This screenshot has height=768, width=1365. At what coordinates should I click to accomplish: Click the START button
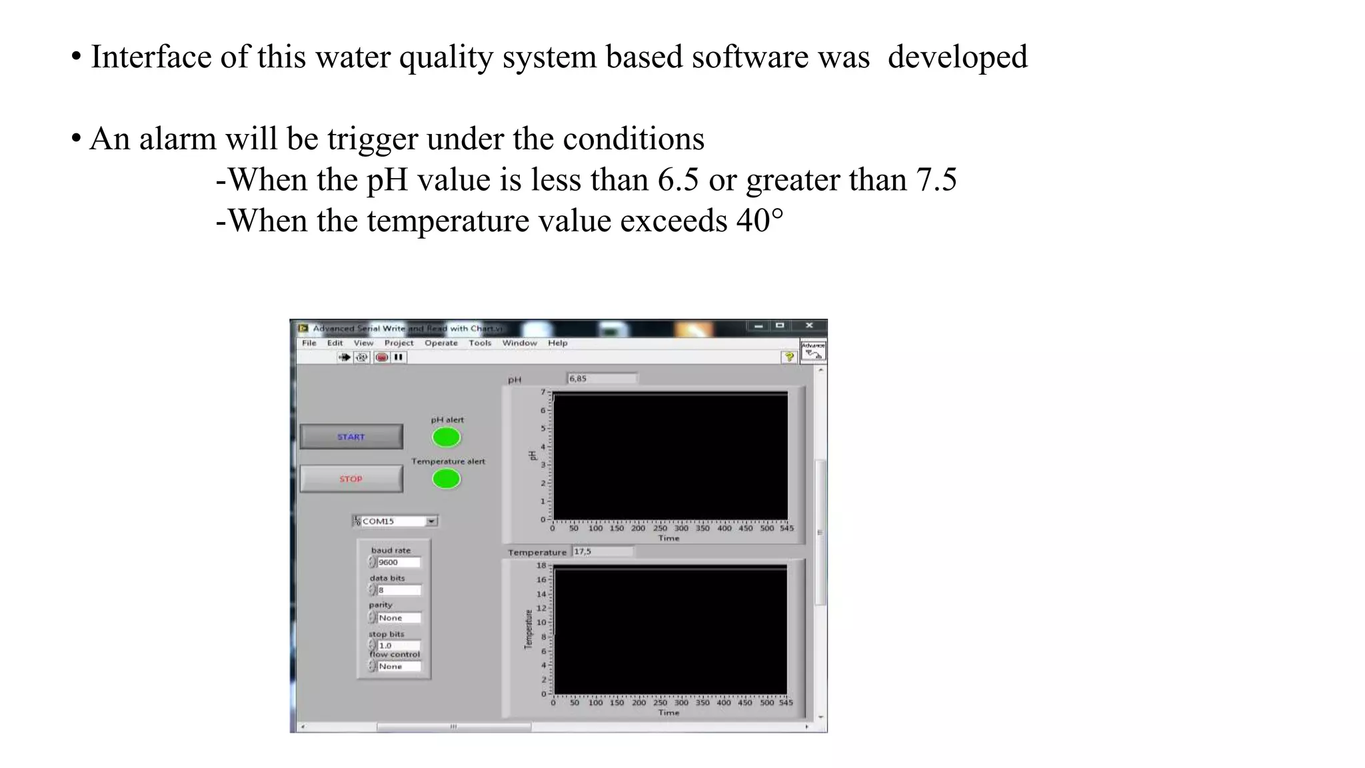pos(351,437)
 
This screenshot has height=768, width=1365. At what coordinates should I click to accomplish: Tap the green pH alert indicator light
pos(446,437)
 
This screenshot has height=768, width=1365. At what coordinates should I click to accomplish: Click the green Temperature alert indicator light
pos(446,479)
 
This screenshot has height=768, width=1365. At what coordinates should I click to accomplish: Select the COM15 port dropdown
pos(395,521)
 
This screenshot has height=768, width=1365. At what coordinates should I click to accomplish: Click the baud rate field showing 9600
pos(398,563)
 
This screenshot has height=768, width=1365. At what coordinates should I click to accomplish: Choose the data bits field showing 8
pos(398,590)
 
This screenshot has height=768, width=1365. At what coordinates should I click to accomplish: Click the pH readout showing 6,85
pos(601,379)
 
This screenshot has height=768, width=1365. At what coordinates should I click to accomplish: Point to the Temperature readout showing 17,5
pos(602,552)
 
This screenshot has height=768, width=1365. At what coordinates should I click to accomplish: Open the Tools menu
pos(480,343)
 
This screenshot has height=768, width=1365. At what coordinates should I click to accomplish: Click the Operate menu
pos(441,343)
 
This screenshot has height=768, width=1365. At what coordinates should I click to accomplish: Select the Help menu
pos(558,343)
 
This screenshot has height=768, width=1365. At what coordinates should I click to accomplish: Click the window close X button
pos(809,326)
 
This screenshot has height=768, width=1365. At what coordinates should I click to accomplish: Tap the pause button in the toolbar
pos(399,357)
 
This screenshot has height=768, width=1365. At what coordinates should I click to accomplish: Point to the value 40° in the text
pos(760,221)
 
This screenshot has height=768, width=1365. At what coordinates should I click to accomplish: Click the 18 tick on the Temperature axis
pos(541,565)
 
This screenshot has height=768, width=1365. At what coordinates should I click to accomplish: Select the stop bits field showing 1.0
pos(398,645)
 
